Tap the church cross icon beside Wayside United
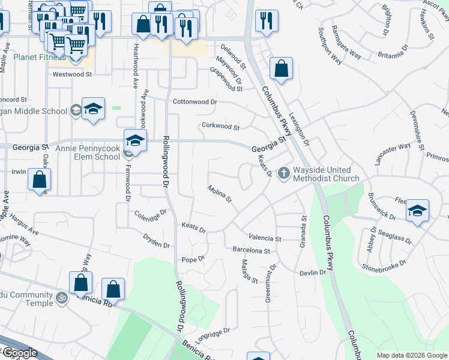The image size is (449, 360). click(284, 173)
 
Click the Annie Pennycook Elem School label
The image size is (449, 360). click(88, 152)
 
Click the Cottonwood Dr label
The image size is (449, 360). click(194, 102)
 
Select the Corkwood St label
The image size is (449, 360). click(220, 127)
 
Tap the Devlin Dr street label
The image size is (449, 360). click(313, 272)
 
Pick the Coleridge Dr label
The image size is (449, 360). click(150, 214)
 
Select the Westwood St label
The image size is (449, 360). click(72, 75)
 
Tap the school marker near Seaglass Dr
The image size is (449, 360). click(417, 211)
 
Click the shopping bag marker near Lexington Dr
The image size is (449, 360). click(281, 68)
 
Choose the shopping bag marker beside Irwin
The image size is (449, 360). click(39, 179)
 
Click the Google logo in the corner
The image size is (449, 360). click(20, 353)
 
